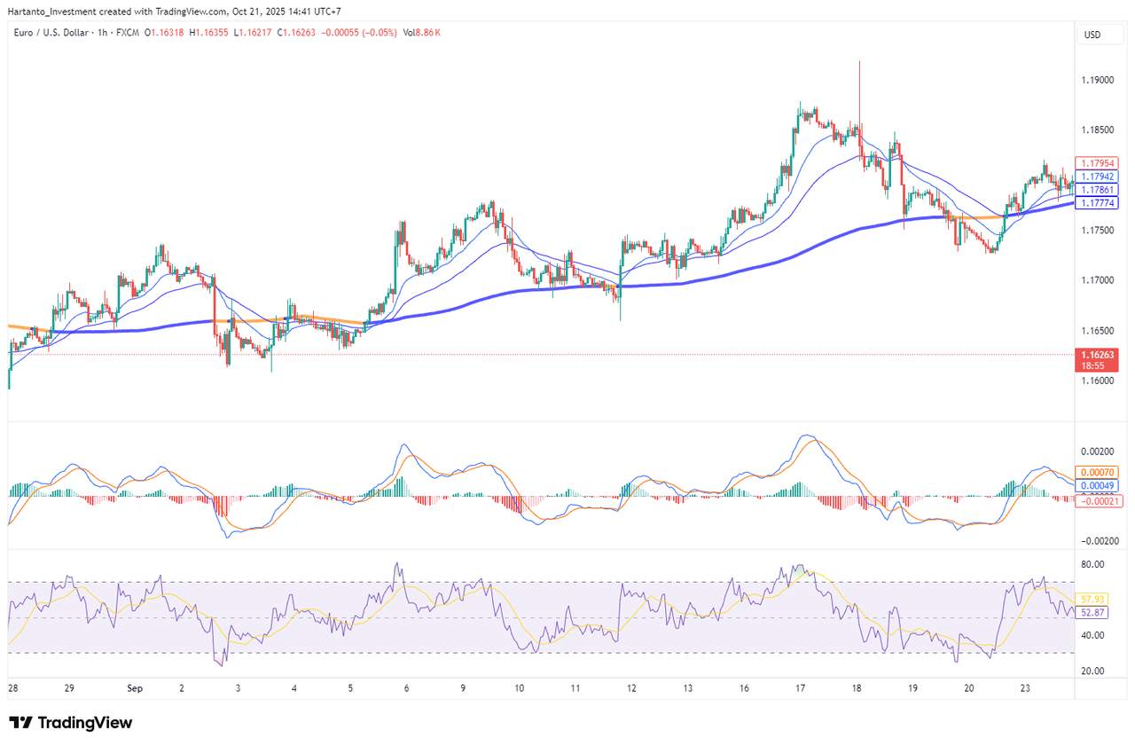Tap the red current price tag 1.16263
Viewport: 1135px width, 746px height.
(x=1097, y=354)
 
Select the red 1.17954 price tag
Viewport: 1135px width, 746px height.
(x=1097, y=163)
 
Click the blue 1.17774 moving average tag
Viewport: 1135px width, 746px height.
(x=1097, y=203)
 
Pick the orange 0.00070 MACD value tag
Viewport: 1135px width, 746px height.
(x=1097, y=473)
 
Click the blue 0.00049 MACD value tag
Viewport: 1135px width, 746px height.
(x=1097, y=486)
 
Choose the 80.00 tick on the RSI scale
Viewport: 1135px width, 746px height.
(x=1092, y=564)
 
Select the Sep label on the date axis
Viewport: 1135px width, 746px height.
(x=135, y=687)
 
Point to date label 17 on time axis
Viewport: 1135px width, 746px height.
(x=801, y=687)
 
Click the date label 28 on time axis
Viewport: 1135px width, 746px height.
(x=12, y=687)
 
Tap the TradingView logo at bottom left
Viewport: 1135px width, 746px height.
(x=71, y=723)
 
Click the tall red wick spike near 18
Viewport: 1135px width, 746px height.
(x=859, y=89)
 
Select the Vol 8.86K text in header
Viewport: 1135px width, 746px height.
(x=421, y=33)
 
